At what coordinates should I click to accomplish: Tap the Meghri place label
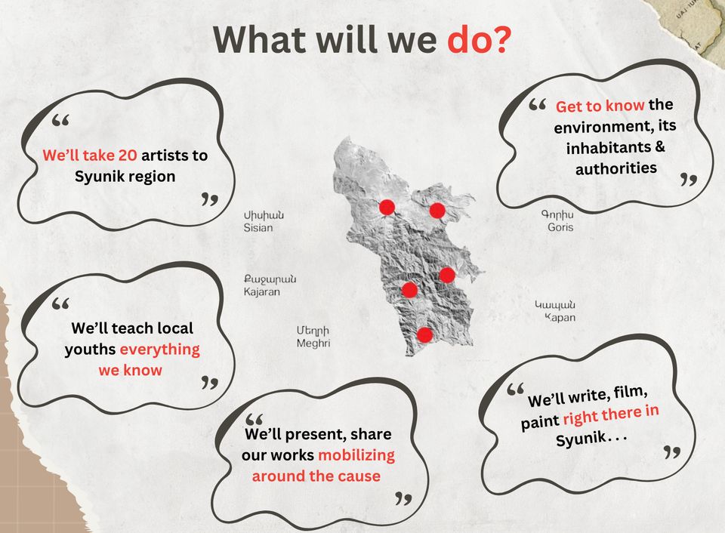click(x=313, y=337)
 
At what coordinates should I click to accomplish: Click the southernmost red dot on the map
click(x=424, y=334)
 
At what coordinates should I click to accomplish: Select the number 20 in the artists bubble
click(x=128, y=156)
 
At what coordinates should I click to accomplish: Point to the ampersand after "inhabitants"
click(x=660, y=146)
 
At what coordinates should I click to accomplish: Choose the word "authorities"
click(x=616, y=168)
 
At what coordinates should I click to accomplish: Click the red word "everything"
click(x=160, y=350)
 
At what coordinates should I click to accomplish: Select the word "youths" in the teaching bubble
click(x=90, y=350)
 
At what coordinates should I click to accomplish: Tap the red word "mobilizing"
click(x=356, y=455)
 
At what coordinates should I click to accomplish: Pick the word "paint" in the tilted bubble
click(x=540, y=422)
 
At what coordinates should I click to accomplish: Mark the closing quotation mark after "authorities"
click(x=689, y=180)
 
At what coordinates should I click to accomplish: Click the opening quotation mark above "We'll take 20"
click(x=60, y=120)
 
